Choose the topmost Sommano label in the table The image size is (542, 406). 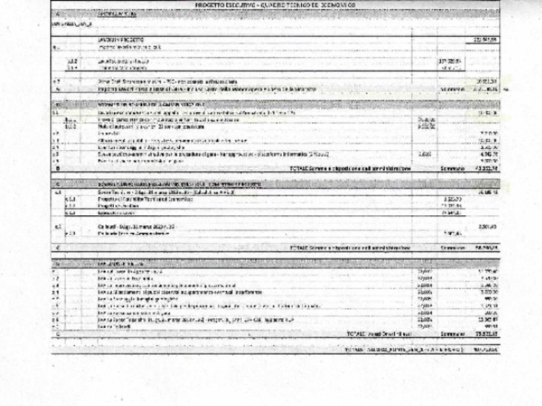452,88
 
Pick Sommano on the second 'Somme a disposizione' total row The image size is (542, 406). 452,248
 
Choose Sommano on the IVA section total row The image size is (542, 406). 452,334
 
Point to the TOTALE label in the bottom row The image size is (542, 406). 356,350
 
